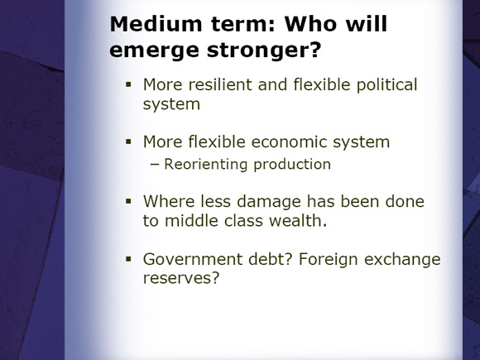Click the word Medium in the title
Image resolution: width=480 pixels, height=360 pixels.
pos(156,24)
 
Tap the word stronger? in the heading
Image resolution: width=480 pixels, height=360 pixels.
pos(264,50)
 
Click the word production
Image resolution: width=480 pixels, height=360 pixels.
pos(292,165)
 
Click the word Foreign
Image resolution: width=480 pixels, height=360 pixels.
pos(329,260)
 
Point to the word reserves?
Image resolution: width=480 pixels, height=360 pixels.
pos(181,278)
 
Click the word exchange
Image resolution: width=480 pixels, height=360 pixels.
pos(402,260)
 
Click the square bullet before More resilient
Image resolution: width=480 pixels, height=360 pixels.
pos(128,84)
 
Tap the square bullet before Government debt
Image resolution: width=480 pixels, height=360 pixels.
pos(128,259)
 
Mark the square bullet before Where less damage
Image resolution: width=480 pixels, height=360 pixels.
pos(128,201)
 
